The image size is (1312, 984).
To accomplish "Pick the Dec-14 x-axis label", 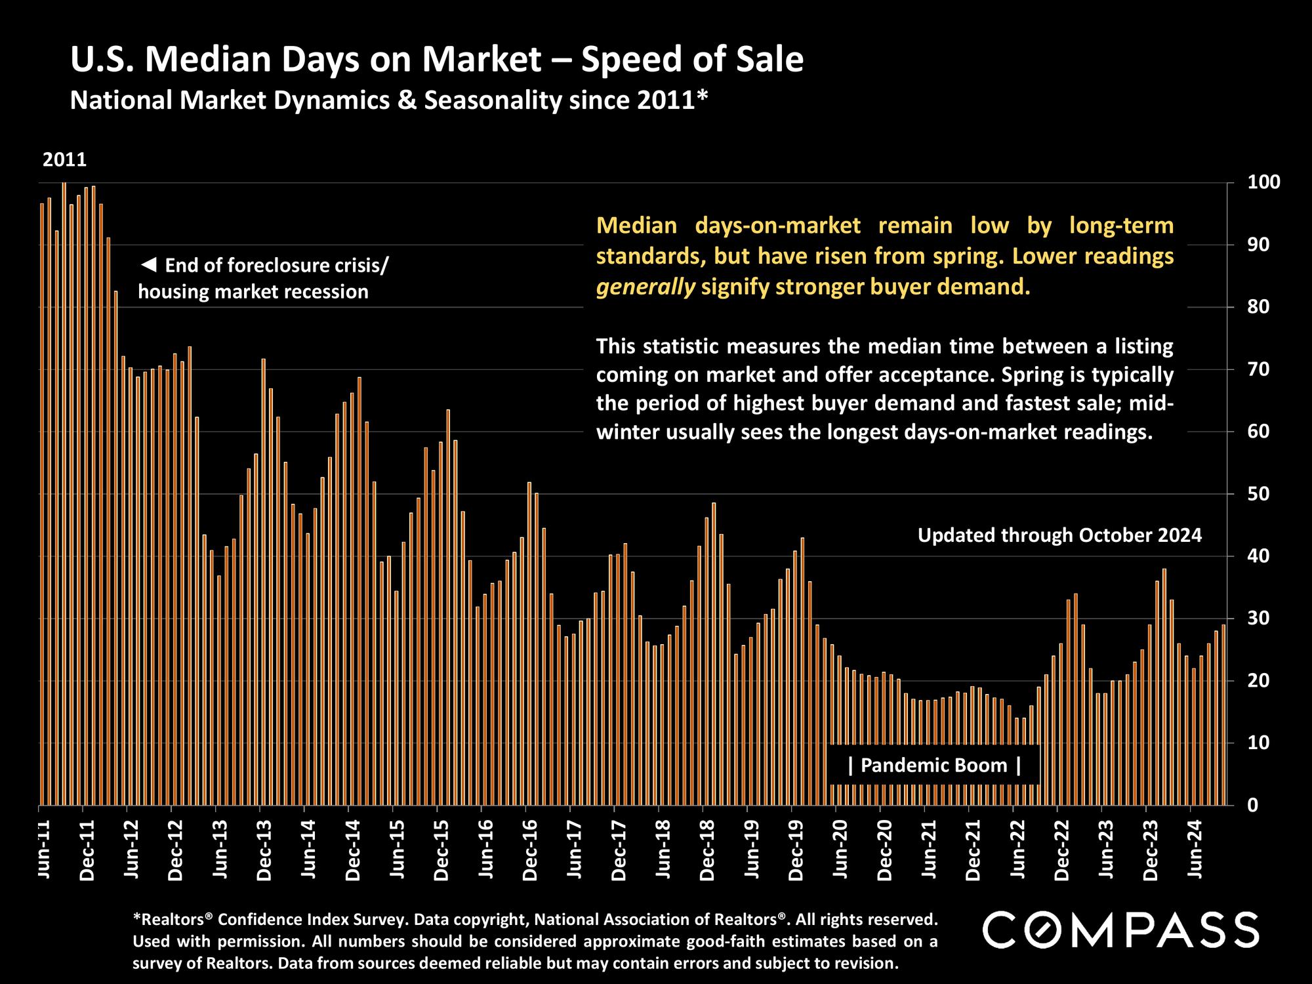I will pyautogui.click(x=353, y=849).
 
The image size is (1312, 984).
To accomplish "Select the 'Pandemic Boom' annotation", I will pyautogui.click(x=934, y=766).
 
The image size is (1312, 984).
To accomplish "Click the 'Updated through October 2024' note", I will pyautogui.click(x=1059, y=535).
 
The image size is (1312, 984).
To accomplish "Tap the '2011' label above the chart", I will pyautogui.click(x=64, y=160).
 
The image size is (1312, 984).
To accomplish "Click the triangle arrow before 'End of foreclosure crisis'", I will pyautogui.click(x=149, y=265).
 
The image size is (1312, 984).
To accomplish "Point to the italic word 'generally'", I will pyautogui.click(x=646, y=287).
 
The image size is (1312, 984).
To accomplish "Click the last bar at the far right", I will pyautogui.click(x=1223, y=715).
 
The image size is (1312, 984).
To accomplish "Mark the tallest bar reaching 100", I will pyautogui.click(x=64, y=492).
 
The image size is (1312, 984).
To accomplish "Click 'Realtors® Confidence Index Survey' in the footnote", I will pyautogui.click(x=278, y=919).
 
